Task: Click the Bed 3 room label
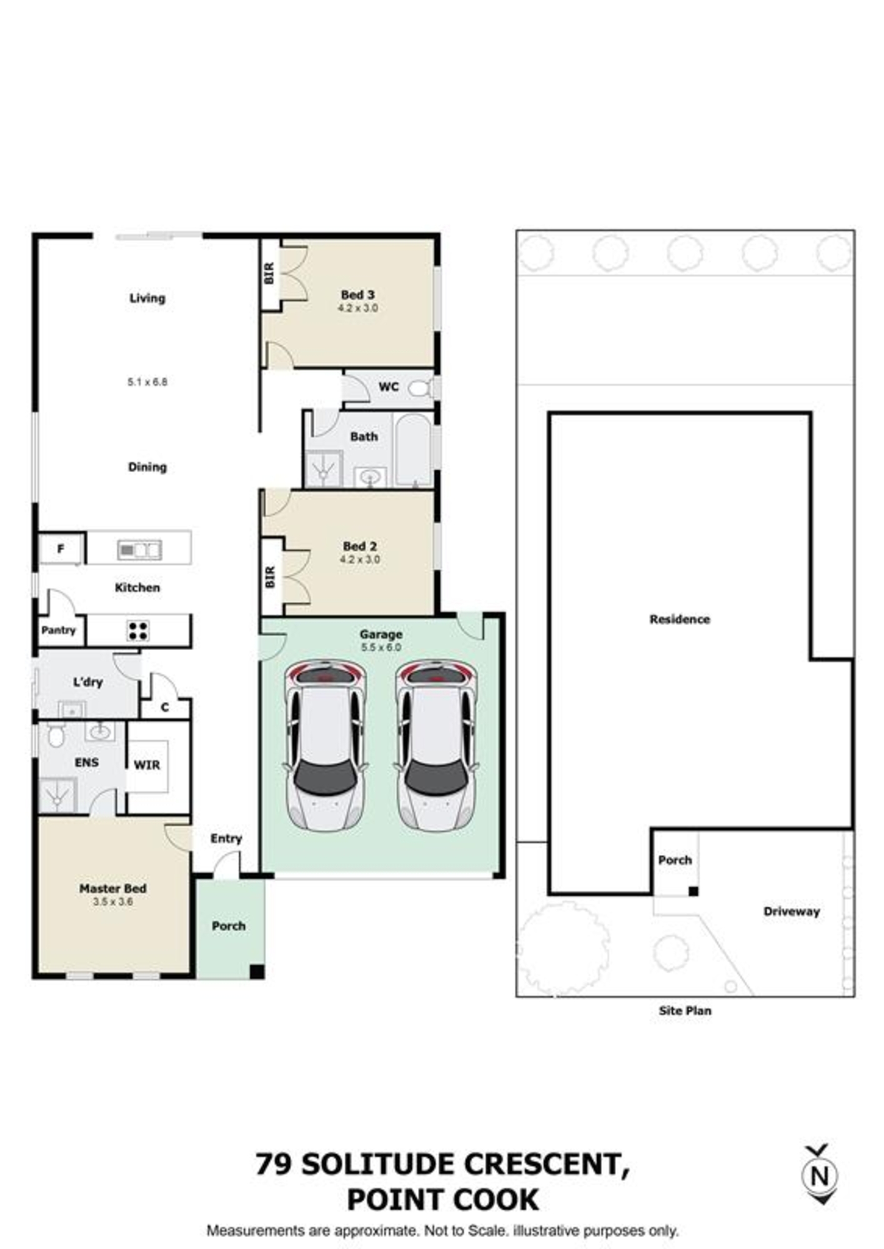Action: (x=358, y=294)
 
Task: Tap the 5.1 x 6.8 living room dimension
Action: (x=147, y=382)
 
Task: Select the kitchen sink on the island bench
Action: (x=139, y=550)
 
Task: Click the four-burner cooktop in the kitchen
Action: (x=138, y=630)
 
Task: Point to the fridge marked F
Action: (x=61, y=549)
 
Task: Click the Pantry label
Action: (x=58, y=630)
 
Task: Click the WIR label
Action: (x=147, y=764)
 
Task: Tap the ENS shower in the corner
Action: (x=57, y=795)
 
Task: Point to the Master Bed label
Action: (x=113, y=888)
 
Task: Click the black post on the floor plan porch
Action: (x=257, y=972)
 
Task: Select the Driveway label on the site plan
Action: (x=792, y=911)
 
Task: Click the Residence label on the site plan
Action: (x=680, y=619)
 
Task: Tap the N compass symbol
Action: (x=820, y=1176)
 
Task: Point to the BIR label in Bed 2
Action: (x=270, y=577)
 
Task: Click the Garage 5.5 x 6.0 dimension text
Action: (x=380, y=648)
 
